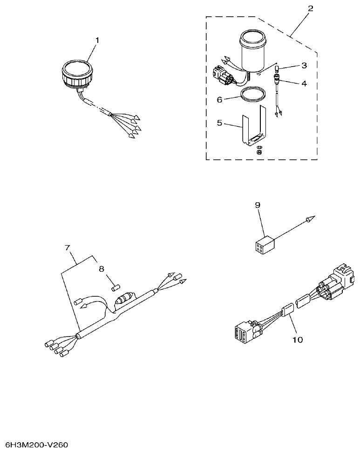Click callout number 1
pos(97,41)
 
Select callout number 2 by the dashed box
pos(311,8)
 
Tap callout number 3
pos(304,65)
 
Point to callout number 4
pos(304,84)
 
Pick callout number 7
pos(68,247)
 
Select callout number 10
pos(297,340)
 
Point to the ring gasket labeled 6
pos(252,95)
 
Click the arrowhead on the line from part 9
pos(311,219)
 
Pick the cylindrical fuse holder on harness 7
pos(125,301)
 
